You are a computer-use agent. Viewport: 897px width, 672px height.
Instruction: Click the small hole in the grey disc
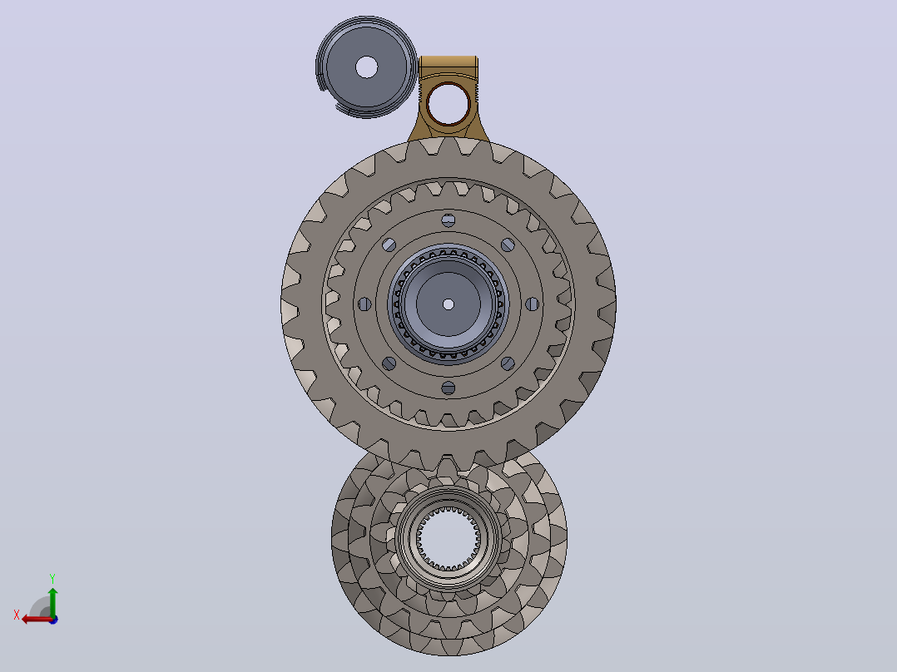(x=367, y=67)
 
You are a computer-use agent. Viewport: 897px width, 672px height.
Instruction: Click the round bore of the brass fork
(x=448, y=104)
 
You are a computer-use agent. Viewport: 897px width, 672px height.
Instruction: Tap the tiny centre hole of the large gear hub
(x=448, y=304)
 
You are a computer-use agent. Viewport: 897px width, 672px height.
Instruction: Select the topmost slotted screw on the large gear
(x=448, y=220)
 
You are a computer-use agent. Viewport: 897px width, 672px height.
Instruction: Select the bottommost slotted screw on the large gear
(x=448, y=388)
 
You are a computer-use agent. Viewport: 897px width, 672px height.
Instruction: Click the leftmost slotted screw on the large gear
(x=364, y=304)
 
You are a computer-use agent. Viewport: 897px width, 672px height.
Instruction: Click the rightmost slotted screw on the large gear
(x=532, y=304)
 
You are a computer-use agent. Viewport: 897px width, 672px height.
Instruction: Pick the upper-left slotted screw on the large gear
(x=389, y=245)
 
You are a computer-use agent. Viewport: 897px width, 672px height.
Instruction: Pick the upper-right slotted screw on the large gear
(x=508, y=245)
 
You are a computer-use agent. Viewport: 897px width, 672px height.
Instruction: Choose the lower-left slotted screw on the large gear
(x=389, y=363)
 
